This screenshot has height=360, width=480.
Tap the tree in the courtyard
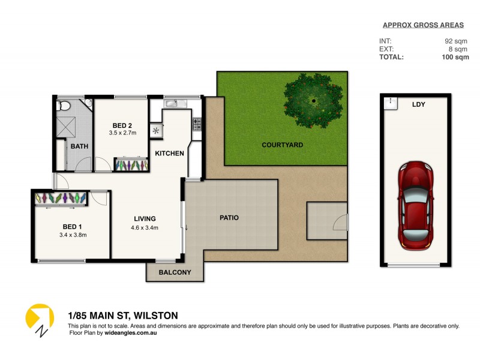click(x=314, y=100)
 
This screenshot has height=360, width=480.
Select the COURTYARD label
click(x=282, y=145)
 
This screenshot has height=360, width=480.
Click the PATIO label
click(x=228, y=218)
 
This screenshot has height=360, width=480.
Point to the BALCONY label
click(x=175, y=272)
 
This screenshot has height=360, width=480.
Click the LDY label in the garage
click(x=418, y=104)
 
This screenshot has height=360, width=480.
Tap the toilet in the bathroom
click(x=64, y=106)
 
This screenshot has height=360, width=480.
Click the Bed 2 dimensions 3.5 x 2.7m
click(x=122, y=133)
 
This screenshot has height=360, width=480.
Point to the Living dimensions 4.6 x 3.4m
click(x=145, y=227)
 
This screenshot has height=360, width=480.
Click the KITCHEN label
click(x=169, y=154)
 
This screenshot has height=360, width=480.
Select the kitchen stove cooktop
click(x=196, y=124)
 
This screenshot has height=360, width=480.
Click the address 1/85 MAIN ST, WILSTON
click(x=122, y=316)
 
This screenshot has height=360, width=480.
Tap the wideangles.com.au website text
click(x=128, y=332)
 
